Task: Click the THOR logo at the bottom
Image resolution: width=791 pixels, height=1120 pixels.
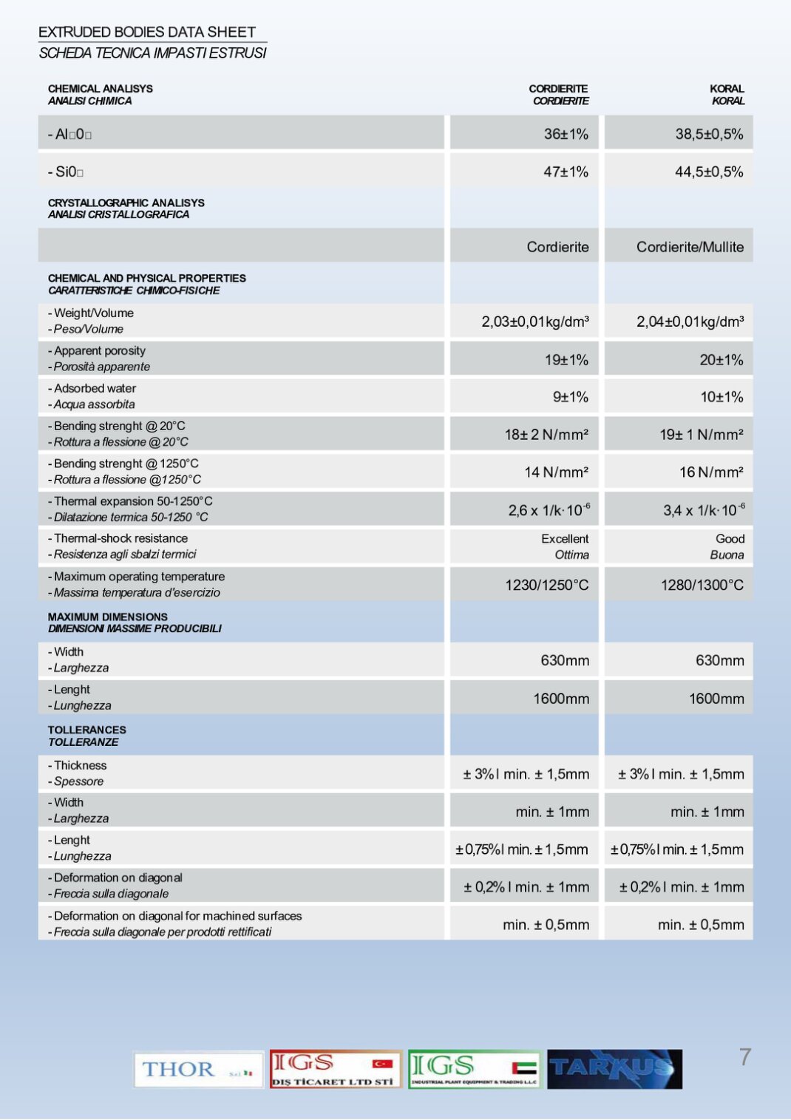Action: click(x=198, y=1069)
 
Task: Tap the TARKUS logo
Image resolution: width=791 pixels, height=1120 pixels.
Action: click(x=614, y=1069)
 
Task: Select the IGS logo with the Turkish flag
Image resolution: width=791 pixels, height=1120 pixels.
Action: click(x=336, y=1069)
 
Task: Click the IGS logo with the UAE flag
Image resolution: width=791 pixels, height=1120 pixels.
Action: click(x=474, y=1069)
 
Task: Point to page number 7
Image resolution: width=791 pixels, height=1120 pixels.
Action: click(x=745, y=1057)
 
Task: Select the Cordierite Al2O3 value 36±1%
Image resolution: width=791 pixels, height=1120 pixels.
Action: click(x=566, y=134)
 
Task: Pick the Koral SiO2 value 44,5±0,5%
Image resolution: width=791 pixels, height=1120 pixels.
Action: click(x=708, y=172)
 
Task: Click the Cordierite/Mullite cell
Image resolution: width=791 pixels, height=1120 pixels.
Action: click(x=690, y=247)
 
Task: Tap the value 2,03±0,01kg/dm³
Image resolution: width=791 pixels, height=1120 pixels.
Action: click(x=535, y=322)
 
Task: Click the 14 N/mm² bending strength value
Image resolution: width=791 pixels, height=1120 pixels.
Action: click(x=556, y=472)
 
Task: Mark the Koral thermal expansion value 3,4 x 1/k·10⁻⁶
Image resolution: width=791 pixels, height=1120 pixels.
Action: click(x=703, y=509)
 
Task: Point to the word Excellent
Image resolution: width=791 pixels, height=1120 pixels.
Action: click(x=565, y=539)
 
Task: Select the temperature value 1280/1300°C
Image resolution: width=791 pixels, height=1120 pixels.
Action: click(x=702, y=585)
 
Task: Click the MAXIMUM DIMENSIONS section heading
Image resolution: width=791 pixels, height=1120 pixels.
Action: click(x=108, y=617)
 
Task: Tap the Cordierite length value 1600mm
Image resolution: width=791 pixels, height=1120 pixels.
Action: click(x=561, y=699)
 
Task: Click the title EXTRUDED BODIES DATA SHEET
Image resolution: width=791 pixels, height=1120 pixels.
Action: click(x=147, y=32)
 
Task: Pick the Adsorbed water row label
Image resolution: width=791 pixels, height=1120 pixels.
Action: click(x=95, y=388)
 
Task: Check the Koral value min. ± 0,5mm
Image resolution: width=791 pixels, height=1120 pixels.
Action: click(x=701, y=925)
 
